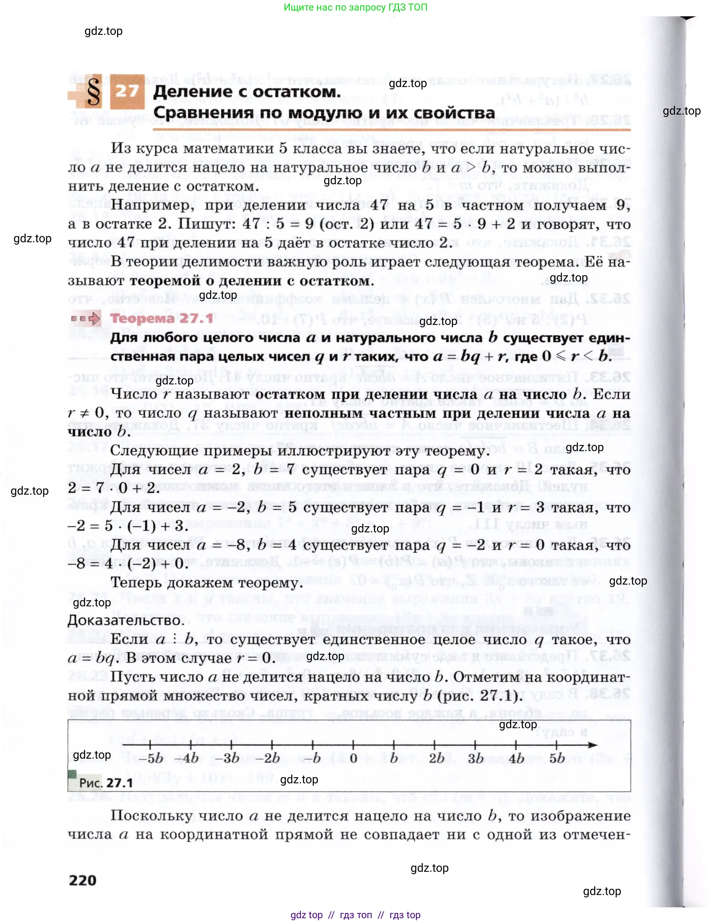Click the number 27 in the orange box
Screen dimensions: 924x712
(127, 91)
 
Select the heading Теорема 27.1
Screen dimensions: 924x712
(162, 318)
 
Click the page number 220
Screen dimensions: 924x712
(83, 880)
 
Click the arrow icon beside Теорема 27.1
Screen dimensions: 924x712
(86, 318)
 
